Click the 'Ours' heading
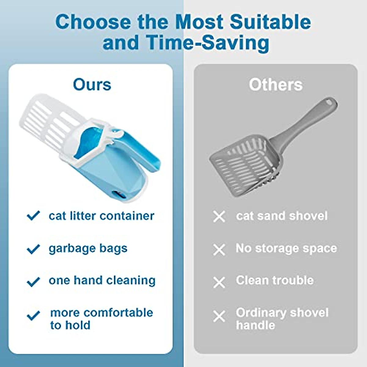pos(92,85)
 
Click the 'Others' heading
pos(276,85)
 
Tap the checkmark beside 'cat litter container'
pos(33,216)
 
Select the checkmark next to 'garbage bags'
pos(33,249)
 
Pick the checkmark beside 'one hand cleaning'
pos(33,281)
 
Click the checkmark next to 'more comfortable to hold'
pos(33,315)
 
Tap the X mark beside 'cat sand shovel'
pos(219,217)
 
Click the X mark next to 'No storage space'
pos(219,250)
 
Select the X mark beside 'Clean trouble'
pos(219,282)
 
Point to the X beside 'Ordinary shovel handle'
pos(219,316)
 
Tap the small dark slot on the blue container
pos(117,195)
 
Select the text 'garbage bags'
pos(88,248)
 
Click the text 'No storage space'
pos(286,248)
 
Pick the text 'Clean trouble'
pos(275,280)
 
